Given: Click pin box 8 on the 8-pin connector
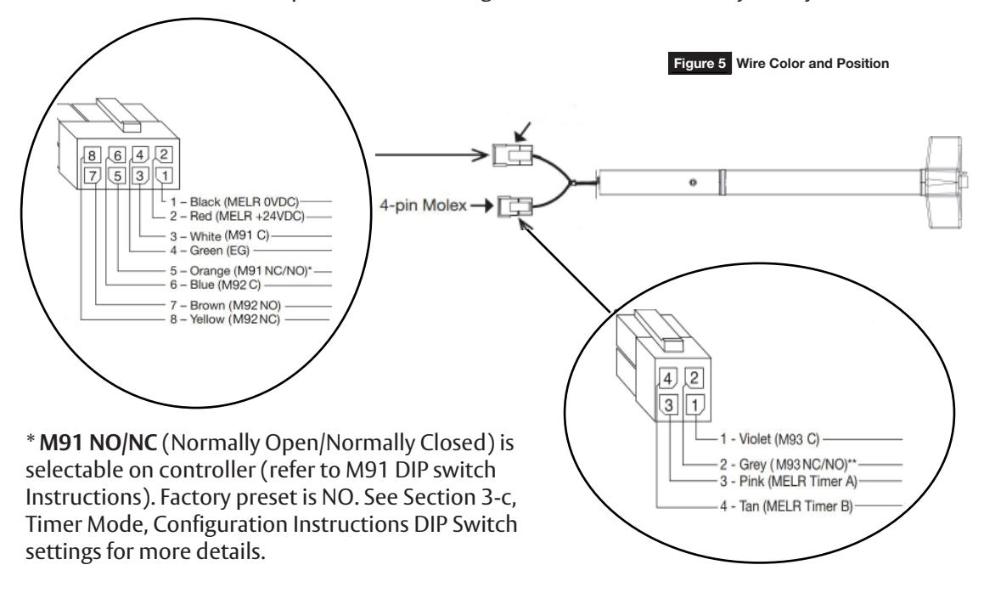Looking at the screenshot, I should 93,155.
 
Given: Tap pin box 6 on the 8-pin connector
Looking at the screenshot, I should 119,155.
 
